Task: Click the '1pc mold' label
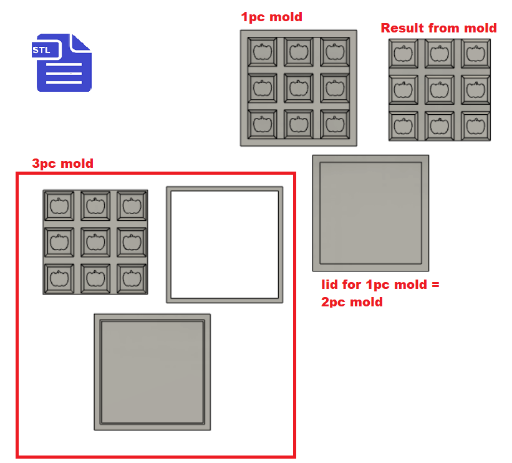271,17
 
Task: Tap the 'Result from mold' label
438,28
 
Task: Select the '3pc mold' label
62,163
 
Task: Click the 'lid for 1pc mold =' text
380,285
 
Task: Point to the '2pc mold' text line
352,302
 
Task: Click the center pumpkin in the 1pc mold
299,87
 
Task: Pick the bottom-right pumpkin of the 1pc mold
336,124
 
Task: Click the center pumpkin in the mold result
439,89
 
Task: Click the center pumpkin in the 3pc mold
95,241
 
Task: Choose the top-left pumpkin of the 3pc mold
59,205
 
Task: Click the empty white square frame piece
225,245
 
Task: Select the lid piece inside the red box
152,371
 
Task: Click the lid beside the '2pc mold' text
370,212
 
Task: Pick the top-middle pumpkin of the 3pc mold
95,205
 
